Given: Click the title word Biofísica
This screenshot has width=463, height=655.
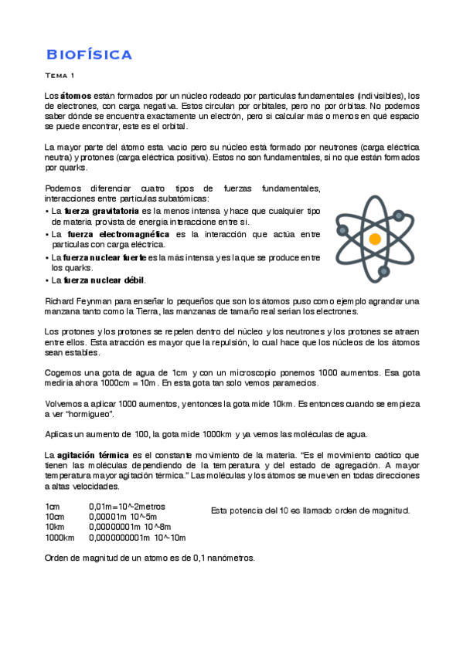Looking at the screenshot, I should (89, 54).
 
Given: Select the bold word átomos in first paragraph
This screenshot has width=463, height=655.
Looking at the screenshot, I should (77, 95).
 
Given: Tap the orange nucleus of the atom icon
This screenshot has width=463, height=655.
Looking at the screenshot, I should (375, 239).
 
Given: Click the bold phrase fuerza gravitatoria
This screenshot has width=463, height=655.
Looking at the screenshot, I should (102, 210).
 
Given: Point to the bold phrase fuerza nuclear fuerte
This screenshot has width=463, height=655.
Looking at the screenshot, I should (104, 257).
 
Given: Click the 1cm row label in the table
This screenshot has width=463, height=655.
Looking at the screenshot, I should (53, 507).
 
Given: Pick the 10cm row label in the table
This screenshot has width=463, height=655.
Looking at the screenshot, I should (55, 517).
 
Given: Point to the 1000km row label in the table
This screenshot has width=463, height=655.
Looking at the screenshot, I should (60, 538).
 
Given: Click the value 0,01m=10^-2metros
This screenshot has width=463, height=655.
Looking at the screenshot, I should (127, 507).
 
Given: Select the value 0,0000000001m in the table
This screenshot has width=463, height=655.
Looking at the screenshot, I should (120, 538).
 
